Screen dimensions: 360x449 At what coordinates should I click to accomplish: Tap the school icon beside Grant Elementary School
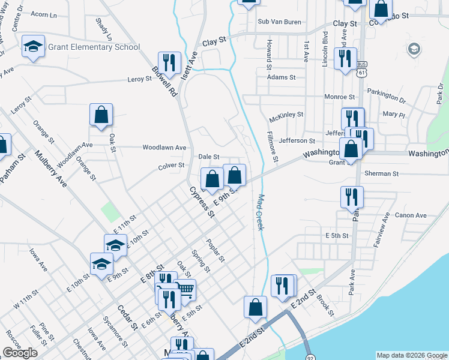[34, 46]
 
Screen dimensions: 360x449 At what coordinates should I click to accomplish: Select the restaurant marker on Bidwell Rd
[170, 62]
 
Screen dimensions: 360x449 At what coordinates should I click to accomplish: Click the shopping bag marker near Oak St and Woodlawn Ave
[101, 114]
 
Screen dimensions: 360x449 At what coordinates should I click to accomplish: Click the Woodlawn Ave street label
[164, 147]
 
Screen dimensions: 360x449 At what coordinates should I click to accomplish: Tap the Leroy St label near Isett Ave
[140, 79]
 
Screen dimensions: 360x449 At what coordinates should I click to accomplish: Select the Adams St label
[282, 77]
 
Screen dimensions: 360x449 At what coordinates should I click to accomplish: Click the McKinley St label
[287, 114]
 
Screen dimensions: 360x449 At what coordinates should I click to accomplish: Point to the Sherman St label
[381, 173]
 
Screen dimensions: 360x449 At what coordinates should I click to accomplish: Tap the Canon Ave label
[411, 215]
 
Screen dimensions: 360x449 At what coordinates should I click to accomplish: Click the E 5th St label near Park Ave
[336, 236]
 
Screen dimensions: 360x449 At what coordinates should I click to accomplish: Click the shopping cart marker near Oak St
[185, 290]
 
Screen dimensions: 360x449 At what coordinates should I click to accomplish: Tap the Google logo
[20, 353]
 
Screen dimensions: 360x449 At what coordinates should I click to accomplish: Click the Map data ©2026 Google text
[412, 355]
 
